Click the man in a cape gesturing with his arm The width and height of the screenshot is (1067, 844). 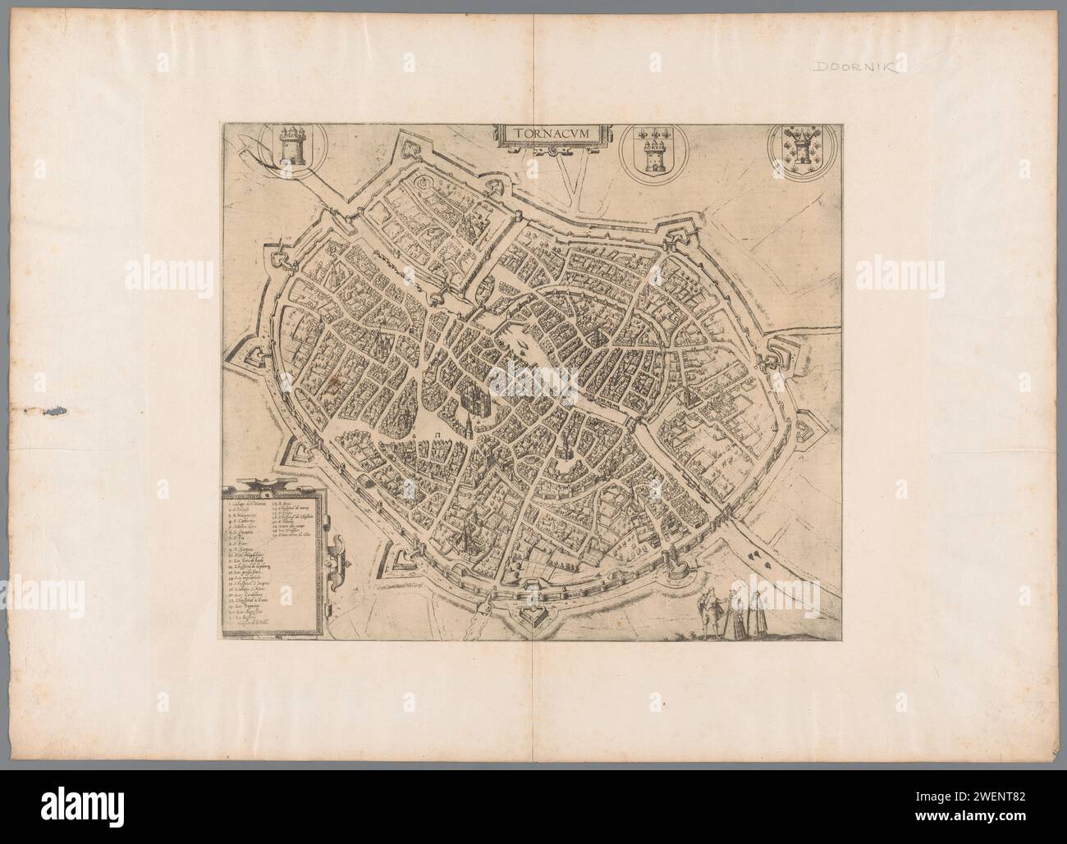705,612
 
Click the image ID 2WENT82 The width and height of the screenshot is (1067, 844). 1010,812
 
